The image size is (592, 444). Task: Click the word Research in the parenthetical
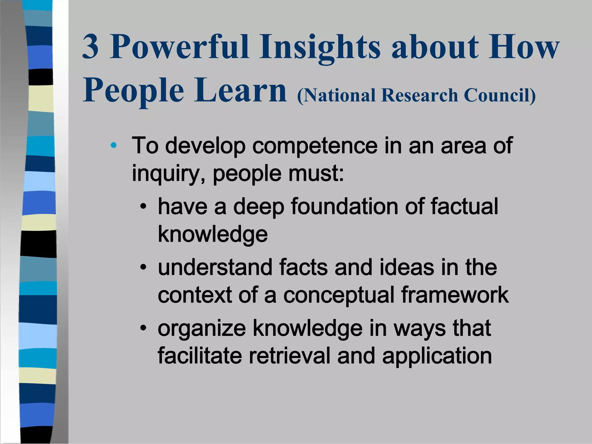(419, 95)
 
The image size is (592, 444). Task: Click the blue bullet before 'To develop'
(114, 145)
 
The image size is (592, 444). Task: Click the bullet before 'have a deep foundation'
(143, 207)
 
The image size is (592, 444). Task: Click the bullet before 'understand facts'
(143, 267)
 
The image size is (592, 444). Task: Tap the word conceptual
(338, 295)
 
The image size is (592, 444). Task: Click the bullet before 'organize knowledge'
(143, 328)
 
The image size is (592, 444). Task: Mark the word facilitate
(200, 356)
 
